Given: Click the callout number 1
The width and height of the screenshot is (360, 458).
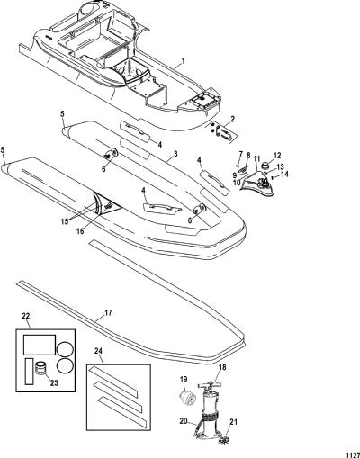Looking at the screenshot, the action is coord(184,61).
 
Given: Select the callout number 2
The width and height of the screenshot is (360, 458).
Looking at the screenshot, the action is coord(232,120).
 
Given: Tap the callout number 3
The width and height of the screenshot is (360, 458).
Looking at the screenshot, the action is coord(175,154).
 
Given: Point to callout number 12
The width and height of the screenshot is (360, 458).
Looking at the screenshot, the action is coord(277,156).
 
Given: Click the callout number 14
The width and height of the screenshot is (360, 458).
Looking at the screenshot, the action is coord(284,174).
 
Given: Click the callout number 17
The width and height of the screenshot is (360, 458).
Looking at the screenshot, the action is coord(108,313).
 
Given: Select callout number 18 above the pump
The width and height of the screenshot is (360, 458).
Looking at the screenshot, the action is coord(223,367).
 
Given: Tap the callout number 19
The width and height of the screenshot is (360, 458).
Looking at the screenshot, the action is coord(184,380).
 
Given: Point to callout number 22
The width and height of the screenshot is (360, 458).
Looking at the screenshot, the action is coord(26,316).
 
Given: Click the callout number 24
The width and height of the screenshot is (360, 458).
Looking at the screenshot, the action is coord(98,351).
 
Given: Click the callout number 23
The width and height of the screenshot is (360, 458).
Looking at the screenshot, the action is coord(54,382).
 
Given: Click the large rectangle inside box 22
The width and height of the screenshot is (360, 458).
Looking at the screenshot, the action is coord(40,345).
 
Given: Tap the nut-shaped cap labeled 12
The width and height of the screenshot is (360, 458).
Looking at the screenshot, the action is coord(266,165).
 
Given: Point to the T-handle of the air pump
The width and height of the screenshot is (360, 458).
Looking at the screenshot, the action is coord(211,384).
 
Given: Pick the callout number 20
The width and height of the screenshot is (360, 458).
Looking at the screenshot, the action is coord(184,421).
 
